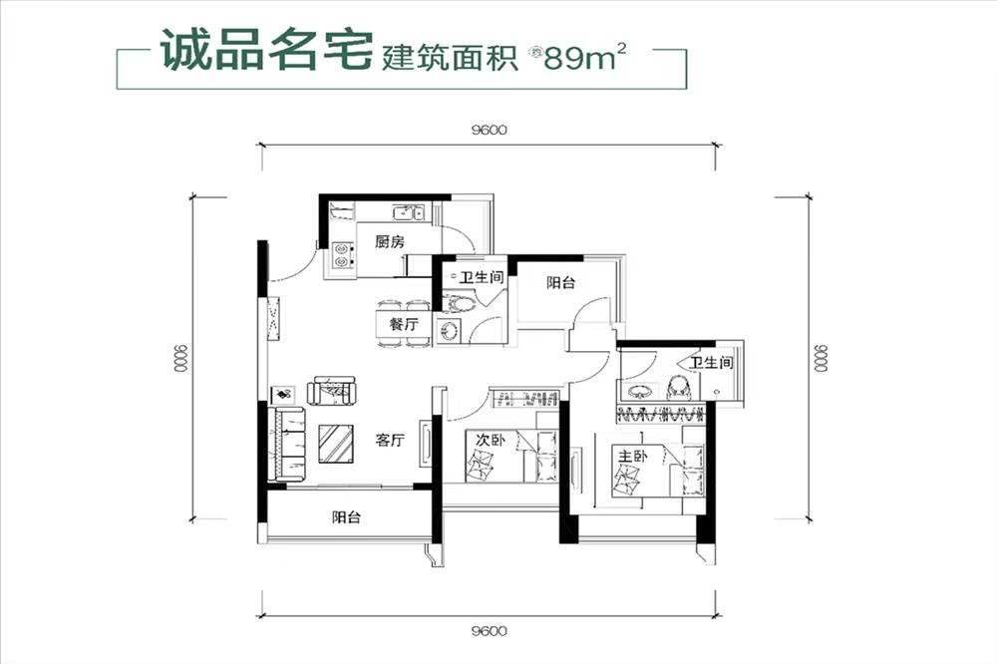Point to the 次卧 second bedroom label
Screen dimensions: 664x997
pyautogui.click(x=487, y=439)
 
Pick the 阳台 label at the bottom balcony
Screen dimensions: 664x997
pyautogui.click(x=346, y=517)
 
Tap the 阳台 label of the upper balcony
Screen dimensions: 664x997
pyautogui.click(x=560, y=283)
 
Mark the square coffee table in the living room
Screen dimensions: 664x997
pyautogui.click(x=338, y=443)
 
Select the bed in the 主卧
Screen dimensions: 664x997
pyautogui.click(x=659, y=474)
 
